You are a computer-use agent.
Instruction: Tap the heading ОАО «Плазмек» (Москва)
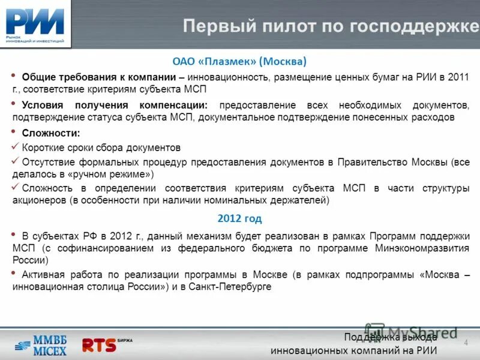click(239, 61)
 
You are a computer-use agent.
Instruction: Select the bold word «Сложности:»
click(50, 133)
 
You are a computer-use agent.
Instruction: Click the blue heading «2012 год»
click(239, 218)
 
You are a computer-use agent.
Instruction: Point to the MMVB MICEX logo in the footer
click(41, 344)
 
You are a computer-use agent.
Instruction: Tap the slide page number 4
click(466, 342)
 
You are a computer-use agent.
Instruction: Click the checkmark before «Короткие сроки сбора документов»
click(15, 147)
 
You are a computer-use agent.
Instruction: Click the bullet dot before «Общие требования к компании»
click(14, 77)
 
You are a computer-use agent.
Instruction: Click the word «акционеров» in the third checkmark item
click(38, 200)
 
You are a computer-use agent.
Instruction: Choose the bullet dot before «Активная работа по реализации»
click(14, 274)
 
